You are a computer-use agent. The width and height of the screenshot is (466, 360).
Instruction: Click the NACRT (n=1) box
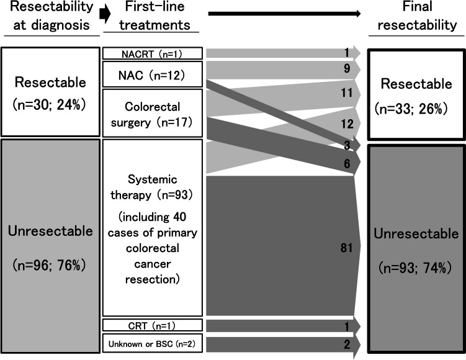point(153,53)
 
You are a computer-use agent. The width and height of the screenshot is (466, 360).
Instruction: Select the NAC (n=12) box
point(153,74)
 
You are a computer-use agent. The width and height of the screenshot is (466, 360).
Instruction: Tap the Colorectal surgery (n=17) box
point(153,113)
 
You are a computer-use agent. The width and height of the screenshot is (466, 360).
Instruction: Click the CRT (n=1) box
point(153,325)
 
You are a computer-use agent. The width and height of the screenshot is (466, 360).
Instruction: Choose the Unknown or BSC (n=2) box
point(153,343)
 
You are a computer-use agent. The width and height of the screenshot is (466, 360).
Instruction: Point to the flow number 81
point(346,248)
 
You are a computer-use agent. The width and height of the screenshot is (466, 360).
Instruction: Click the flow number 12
point(347,124)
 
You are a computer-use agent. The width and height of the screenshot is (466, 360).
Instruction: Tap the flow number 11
point(347,92)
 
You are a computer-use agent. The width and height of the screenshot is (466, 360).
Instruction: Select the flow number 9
point(347,68)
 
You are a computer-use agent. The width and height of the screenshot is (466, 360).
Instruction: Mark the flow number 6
point(347,163)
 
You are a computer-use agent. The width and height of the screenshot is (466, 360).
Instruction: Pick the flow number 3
point(347,145)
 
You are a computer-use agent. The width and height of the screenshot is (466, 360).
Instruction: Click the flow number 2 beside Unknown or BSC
point(347,344)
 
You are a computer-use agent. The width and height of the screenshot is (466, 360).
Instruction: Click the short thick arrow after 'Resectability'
point(105,14)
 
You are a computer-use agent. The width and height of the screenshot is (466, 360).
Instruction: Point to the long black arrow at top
point(284,14)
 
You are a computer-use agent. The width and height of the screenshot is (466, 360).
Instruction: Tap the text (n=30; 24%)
point(50,105)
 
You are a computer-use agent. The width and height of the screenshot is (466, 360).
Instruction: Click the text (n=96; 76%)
point(50,265)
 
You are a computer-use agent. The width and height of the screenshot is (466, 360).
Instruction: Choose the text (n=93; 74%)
point(416,268)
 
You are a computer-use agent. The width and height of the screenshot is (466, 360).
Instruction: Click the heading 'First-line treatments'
point(155,16)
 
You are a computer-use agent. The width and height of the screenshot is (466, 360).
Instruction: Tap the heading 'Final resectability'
point(417,16)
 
